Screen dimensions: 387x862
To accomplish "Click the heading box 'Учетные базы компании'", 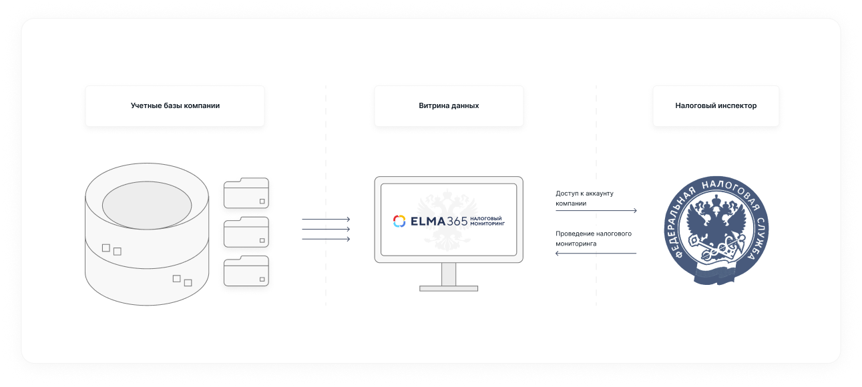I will (x=175, y=105).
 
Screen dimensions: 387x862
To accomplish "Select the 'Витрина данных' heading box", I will (x=449, y=105).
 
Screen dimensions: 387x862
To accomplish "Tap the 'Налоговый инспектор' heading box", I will (x=716, y=105).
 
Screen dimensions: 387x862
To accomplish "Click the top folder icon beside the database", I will (x=246, y=193).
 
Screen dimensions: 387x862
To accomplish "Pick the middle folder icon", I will (x=246, y=232).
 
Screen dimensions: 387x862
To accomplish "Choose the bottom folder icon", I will (x=246, y=271).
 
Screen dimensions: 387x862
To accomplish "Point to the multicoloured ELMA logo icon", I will (x=399, y=221).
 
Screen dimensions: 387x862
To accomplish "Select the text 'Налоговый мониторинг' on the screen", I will (x=487, y=221).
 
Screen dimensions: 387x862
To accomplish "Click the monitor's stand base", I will (x=449, y=288).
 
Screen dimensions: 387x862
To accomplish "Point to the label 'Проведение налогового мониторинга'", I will (x=593, y=238).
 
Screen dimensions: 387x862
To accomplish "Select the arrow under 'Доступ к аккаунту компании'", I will (x=596, y=211).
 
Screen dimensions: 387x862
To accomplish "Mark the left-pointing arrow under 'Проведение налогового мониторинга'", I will (x=596, y=253).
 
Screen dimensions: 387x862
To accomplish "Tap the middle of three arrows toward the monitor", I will (x=326, y=229).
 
